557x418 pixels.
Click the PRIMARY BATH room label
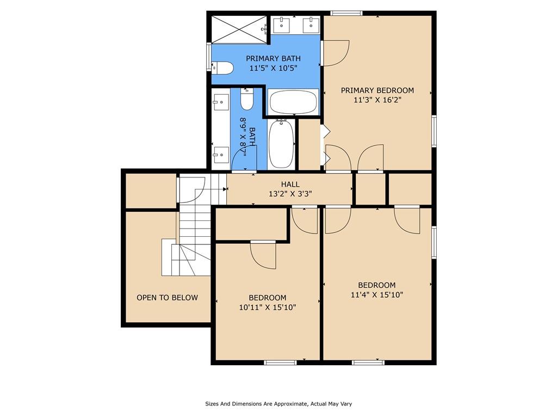273,58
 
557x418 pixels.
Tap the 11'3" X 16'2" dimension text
377,100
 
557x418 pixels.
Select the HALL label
290,184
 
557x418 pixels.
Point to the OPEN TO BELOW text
168,298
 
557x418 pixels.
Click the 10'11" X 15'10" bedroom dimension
268,308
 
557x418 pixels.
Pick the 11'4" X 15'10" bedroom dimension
377,294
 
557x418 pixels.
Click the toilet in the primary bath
222,68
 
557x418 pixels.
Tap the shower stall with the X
240,29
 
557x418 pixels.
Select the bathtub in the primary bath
293,102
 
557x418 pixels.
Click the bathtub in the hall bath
281,144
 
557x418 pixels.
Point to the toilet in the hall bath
247,99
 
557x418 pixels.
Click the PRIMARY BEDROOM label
377,90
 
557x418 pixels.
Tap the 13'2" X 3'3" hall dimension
290,194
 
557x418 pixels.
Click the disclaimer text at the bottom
278,404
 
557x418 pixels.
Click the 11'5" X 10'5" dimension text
273,68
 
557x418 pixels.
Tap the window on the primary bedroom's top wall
346,13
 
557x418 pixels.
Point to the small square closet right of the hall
370,189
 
